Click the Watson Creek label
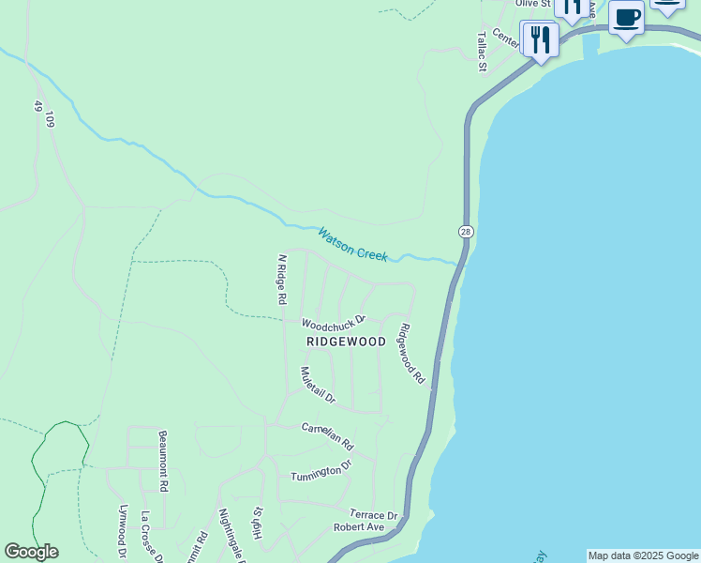[x=352, y=244]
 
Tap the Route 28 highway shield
[x=465, y=231]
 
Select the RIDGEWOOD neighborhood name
[x=345, y=342]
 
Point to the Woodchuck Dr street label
[x=333, y=322]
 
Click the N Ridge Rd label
[x=280, y=279]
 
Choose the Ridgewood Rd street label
[x=412, y=354]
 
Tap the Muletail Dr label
[x=318, y=385]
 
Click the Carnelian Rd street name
[x=327, y=434]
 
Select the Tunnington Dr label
[x=321, y=469]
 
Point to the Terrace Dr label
[x=374, y=515]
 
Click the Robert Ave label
[x=360, y=527]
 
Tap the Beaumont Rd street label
[x=163, y=461]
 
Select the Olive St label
[x=531, y=5]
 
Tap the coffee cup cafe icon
[x=627, y=18]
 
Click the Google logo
[x=31, y=552]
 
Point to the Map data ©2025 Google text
[x=643, y=555]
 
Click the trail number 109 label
[x=50, y=119]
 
